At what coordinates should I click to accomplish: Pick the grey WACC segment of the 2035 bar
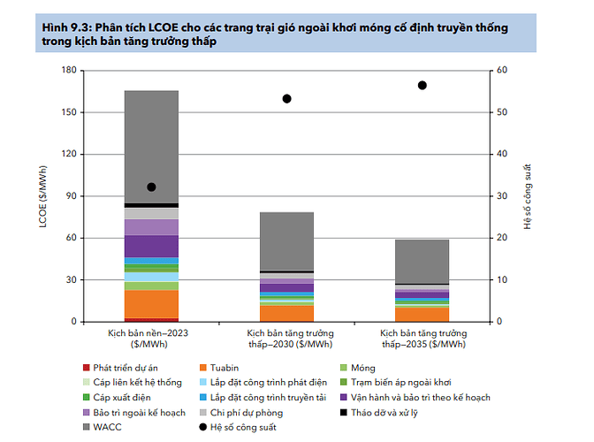[422, 261]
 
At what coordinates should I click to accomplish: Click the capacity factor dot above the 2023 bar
[151, 187]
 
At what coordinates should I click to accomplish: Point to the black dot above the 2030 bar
[286, 98]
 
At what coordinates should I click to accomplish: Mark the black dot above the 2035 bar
[422, 85]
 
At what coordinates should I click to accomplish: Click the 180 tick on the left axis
[68, 70]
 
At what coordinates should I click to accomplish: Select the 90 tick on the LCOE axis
[71, 195]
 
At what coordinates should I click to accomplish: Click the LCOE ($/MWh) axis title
[42, 195]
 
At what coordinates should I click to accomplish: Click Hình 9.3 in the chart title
[64, 28]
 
